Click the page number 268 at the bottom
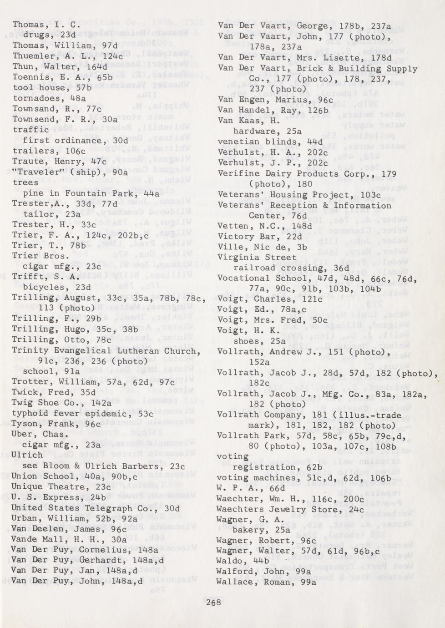pyautogui.click(x=213, y=602)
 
